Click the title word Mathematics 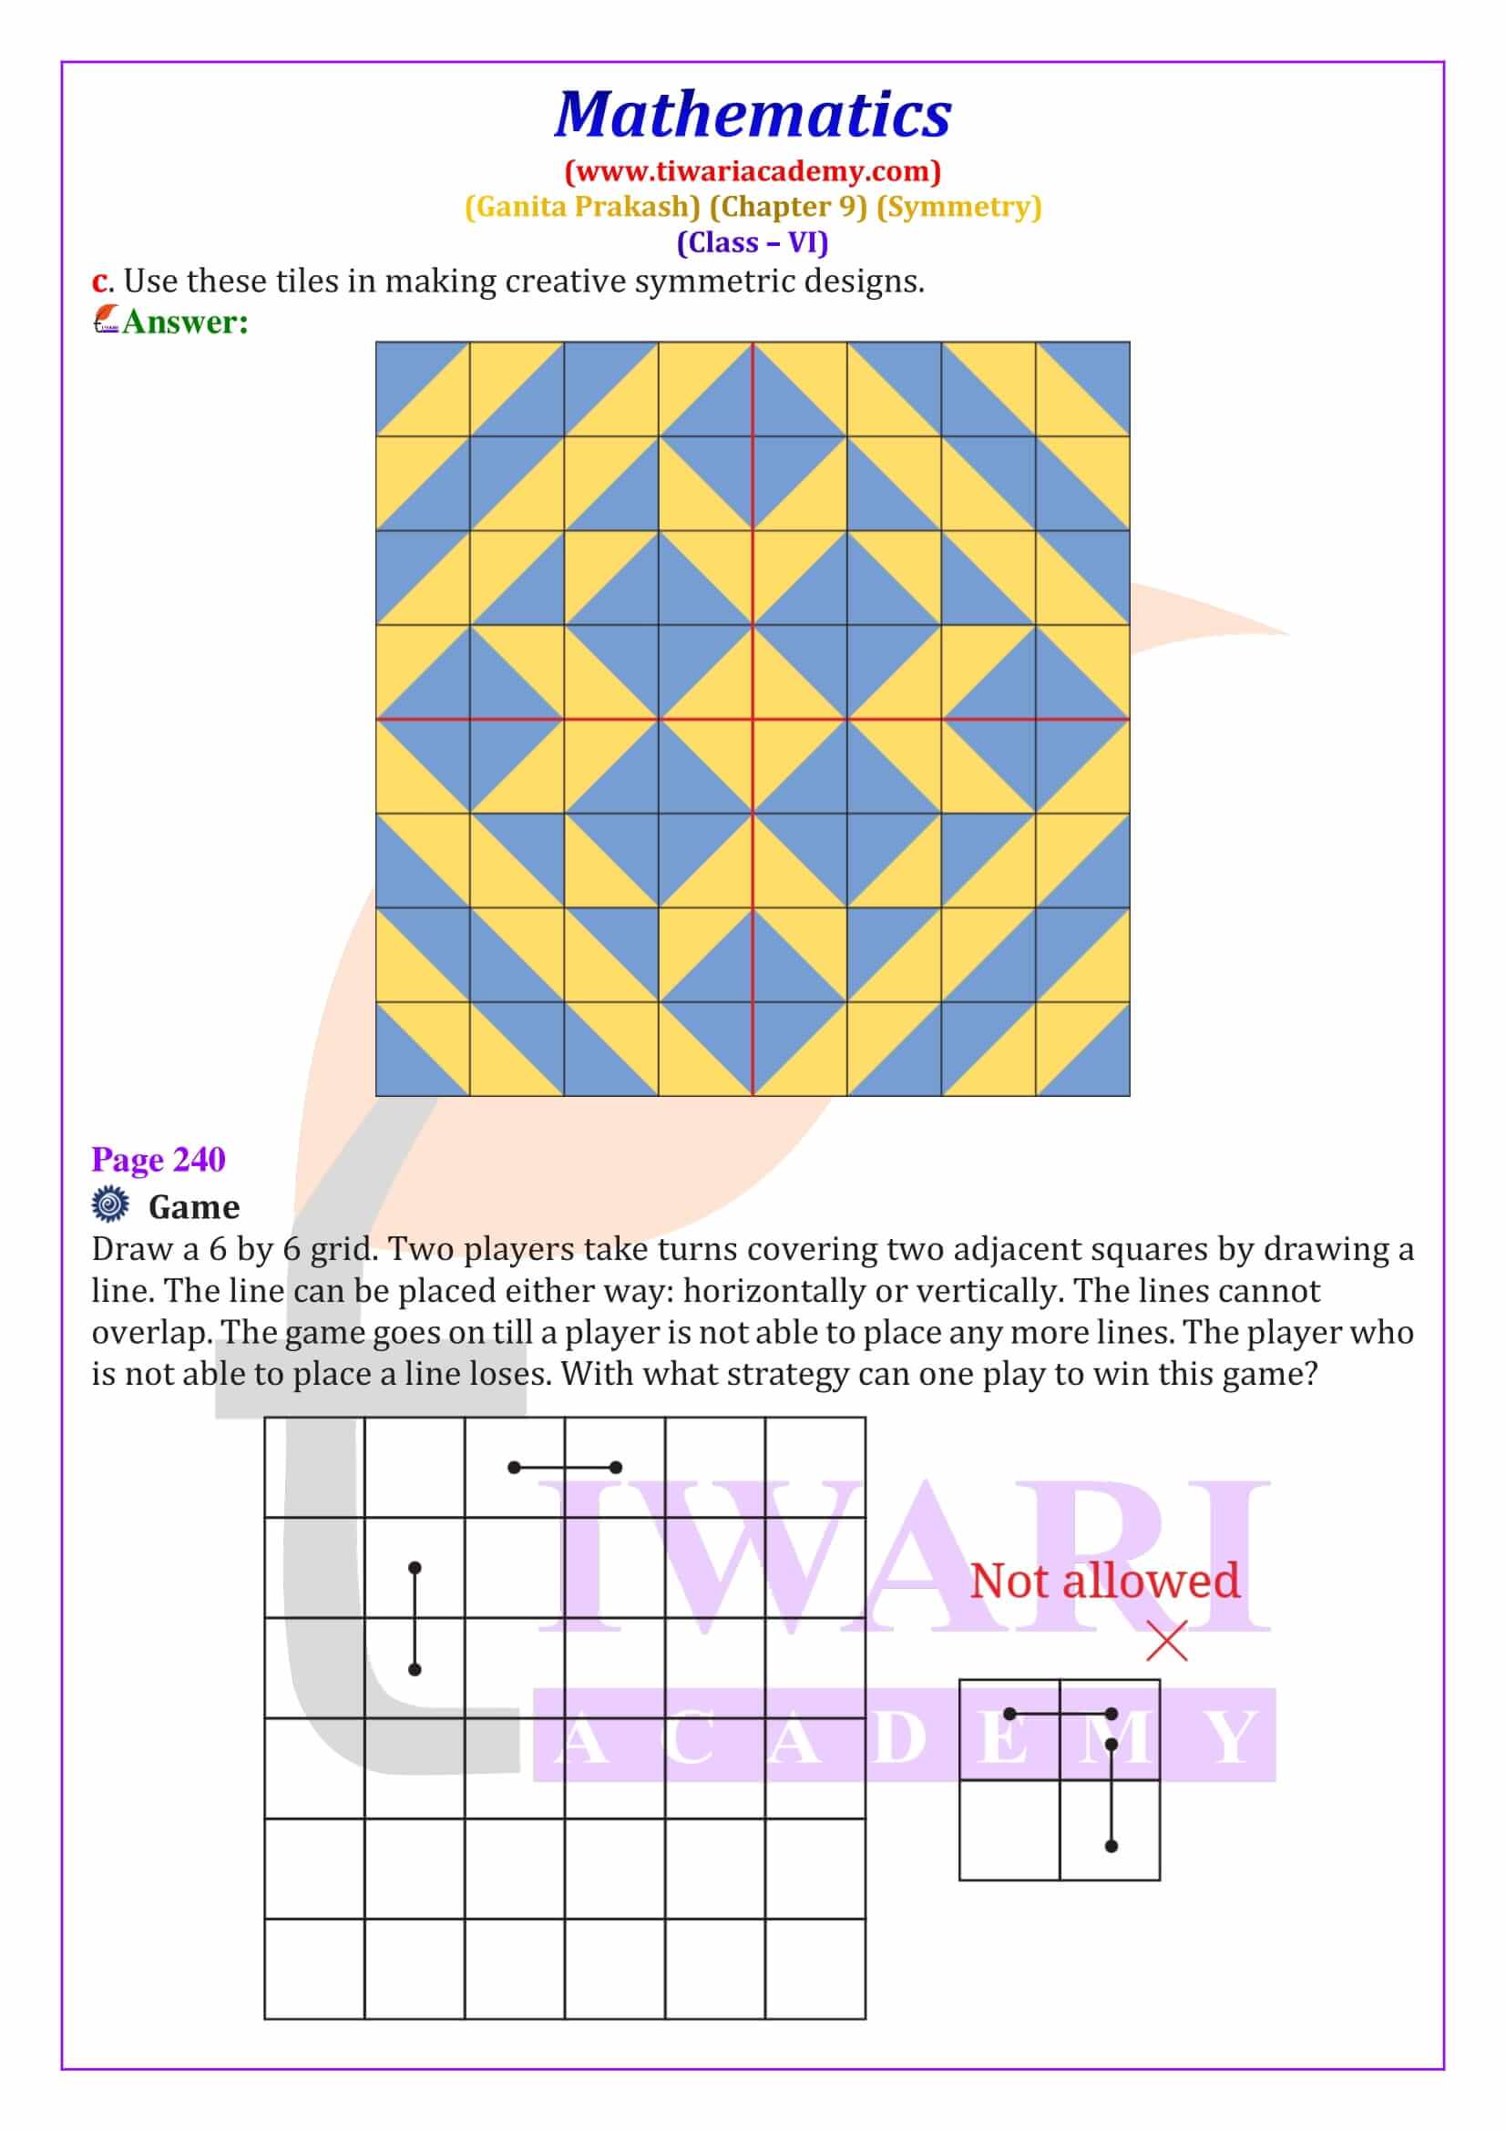753,115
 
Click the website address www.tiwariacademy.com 753,171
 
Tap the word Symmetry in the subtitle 958,207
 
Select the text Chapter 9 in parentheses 788,207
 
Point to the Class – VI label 753,243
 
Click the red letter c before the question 98,282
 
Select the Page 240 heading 159,1159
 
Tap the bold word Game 194,1206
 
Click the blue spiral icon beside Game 110,1204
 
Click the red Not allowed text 1104,1582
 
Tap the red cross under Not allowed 1166,1641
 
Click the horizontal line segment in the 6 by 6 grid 564,1468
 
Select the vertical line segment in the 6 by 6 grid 415,1619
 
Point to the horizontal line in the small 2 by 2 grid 1060,1715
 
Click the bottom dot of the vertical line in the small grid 1112,1846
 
